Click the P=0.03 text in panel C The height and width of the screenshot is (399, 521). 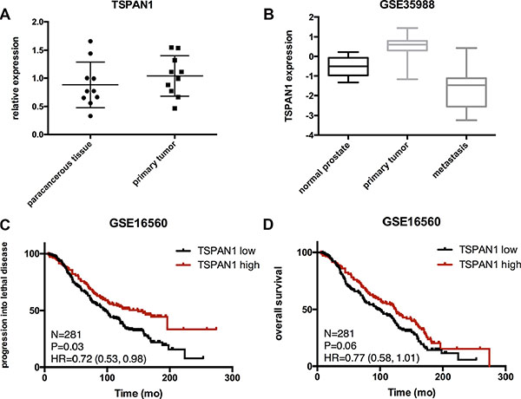68,344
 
